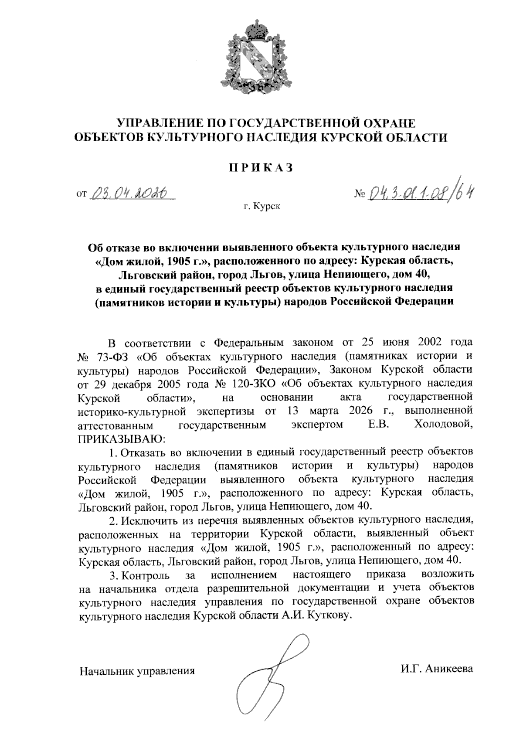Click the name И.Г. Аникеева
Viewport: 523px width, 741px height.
point(437,669)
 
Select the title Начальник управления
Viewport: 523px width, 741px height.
point(136,670)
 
